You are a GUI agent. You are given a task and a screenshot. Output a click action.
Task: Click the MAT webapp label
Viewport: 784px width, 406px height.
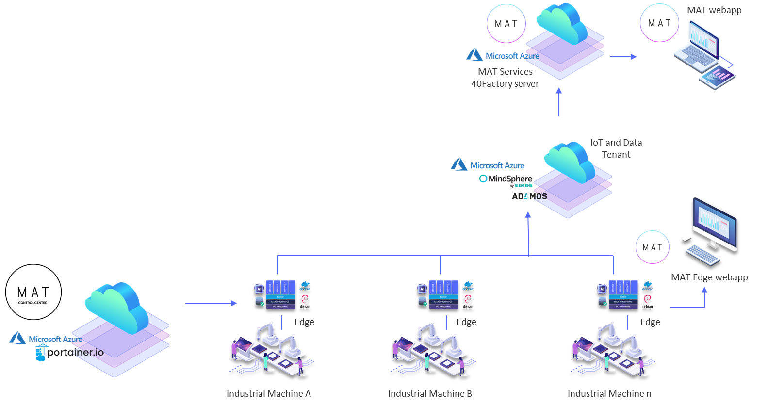pos(714,10)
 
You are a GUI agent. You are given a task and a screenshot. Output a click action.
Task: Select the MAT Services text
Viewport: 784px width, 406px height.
pos(505,72)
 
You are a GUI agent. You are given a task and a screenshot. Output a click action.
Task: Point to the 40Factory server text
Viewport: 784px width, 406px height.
pos(505,84)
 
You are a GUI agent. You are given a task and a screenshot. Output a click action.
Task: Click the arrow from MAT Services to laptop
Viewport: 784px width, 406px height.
pos(623,57)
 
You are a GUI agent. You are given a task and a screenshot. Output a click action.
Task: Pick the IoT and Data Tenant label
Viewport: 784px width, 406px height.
pos(616,148)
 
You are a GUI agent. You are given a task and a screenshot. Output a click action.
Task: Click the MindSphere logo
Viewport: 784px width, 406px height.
pos(506,179)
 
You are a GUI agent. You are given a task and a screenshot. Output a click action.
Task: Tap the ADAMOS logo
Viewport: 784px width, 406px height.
pos(529,196)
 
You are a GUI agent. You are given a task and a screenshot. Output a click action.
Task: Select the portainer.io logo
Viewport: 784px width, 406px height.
pos(70,353)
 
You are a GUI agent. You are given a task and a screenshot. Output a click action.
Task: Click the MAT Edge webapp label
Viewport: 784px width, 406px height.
pos(709,277)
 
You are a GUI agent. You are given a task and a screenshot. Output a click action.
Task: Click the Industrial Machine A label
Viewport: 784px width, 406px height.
pos(269,394)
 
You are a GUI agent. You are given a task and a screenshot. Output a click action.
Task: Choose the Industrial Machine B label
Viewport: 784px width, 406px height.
pos(430,394)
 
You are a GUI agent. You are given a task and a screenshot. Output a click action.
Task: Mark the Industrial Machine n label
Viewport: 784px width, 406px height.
pos(609,394)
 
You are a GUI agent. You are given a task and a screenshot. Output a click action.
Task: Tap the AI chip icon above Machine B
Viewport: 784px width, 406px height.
pos(422,289)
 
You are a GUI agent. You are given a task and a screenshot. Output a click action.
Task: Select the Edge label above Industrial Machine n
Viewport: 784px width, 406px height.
pos(650,322)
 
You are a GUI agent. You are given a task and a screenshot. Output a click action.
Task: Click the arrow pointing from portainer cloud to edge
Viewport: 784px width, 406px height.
pos(211,303)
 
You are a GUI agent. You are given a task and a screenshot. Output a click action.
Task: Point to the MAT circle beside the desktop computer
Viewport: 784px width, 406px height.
pos(653,247)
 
